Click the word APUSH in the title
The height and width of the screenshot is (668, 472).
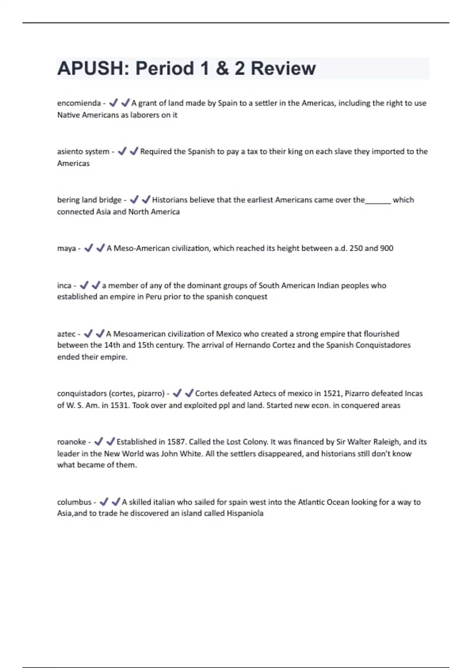(90, 68)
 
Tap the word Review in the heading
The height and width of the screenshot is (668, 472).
(283, 68)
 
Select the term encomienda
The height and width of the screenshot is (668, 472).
(79, 103)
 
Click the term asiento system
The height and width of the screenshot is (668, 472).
(83, 151)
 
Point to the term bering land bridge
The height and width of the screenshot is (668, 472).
(89, 200)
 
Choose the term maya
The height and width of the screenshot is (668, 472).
(66, 248)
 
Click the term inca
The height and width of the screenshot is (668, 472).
(64, 286)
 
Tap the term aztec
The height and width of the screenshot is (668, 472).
(66, 334)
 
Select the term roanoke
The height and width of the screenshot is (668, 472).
(71, 442)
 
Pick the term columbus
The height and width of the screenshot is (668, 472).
(74, 502)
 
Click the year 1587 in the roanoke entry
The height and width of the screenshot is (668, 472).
(176, 442)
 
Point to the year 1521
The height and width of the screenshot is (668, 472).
(332, 393)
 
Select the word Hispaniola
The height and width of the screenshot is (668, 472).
(245, 513)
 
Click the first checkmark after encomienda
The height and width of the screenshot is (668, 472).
(113, 103)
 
